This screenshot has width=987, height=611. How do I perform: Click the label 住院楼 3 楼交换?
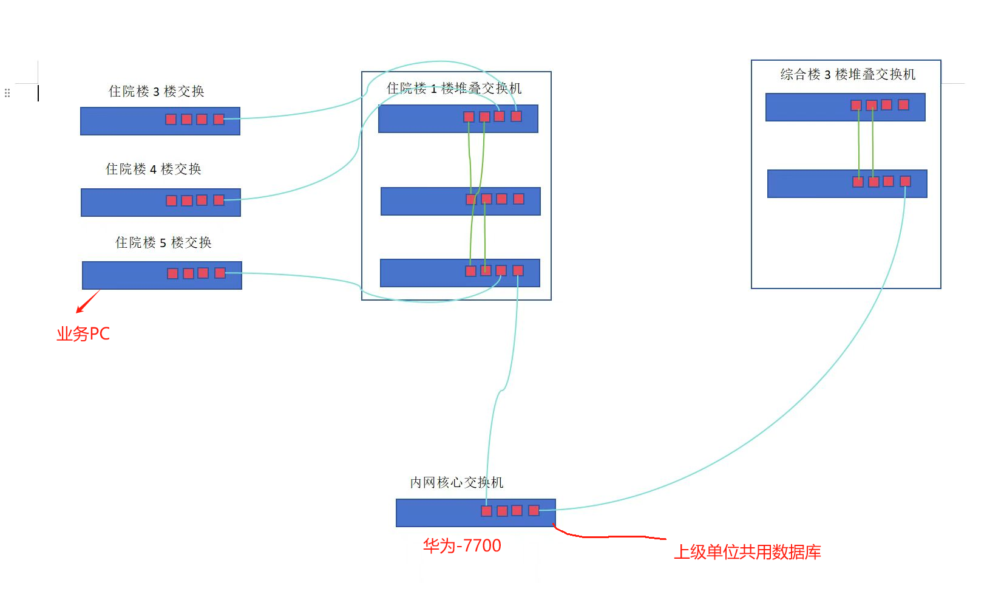pyautogui.click(x=156, y=91)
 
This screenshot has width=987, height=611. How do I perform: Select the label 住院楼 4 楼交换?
pyautogui.click(x=153, y=169)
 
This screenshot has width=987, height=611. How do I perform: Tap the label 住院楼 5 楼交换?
pyautogui.click(x=163, y=242)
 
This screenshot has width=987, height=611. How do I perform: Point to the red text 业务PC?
pyautogui.click(x=83, y=333)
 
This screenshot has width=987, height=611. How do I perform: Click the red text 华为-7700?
pyautogui.click(x=462, y=545)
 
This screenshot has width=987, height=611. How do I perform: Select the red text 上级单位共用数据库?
pyautogui.click(x=747, y=551)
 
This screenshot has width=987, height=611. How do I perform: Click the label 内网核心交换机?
pyautogui.click(x=456, y=482)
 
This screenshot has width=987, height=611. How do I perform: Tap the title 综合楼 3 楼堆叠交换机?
pyautogui.click(x=847, y=74)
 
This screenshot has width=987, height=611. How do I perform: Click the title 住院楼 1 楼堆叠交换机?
pyautogui.click(x=454, y=88)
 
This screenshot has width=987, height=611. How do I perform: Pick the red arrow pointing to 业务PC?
pyautogui.click(x=87, y=301)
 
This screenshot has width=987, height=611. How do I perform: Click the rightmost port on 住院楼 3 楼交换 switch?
pyautogui.click(x=219, y=119)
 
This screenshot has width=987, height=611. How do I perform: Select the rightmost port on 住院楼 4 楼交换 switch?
pyautogui.click(x=219, y=200)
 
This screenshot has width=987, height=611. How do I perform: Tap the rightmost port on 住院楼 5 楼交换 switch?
pyautogui.click(x=220, y=273)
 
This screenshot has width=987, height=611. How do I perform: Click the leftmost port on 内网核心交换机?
pyautogui.click(x=486, y=511)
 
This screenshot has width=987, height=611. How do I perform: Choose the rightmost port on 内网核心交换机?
pyautogui.click(x=534, y=510)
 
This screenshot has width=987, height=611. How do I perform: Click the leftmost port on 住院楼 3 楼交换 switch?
pyautogui.click(x=171, y=119)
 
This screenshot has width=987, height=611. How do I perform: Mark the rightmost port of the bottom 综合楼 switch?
pyautogui.click(x=905, y=181)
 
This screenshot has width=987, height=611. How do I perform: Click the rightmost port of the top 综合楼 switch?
pyautogui.click(x=903, y=104)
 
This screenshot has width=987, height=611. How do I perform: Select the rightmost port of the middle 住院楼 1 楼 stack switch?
pyautogui.click(x=518, y=199)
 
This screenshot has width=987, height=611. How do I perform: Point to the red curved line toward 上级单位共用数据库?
pyautogui.click(x=607, y=536)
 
